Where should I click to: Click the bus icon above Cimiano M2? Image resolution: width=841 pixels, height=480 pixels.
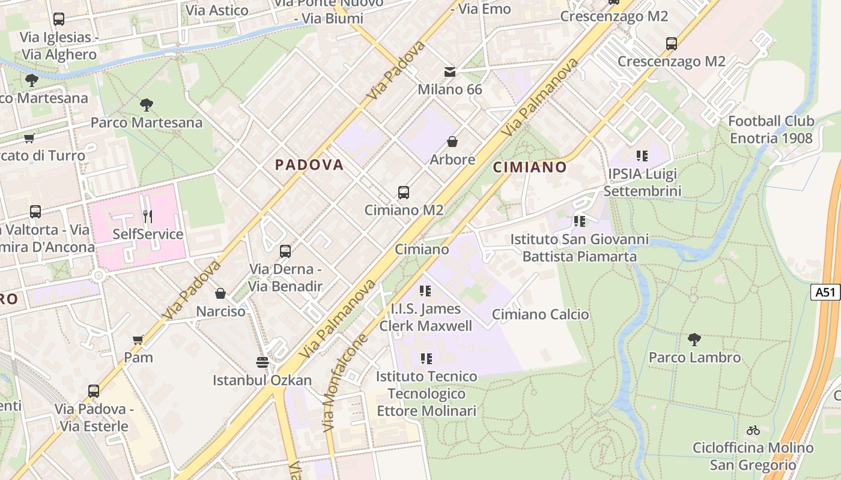404,193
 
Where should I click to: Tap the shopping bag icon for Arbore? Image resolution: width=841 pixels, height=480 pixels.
452,142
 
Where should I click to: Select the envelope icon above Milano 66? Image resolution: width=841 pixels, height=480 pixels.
450,73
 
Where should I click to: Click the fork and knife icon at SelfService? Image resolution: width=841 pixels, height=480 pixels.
148,216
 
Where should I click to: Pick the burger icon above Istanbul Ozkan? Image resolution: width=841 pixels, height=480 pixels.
263,362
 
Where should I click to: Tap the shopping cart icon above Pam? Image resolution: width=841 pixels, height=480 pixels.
138,340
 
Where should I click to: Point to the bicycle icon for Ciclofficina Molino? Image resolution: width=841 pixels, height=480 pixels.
753,430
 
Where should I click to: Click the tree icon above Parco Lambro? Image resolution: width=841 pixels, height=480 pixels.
694,340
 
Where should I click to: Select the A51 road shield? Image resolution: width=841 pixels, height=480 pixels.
825,292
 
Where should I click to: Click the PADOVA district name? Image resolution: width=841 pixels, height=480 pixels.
309,165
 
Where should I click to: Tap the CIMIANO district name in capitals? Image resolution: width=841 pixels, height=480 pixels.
530,167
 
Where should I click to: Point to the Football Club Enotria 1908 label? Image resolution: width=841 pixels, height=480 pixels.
771,130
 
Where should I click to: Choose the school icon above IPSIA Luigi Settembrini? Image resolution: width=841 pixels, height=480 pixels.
642,156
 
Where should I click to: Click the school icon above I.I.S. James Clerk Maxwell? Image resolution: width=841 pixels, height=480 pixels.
425,292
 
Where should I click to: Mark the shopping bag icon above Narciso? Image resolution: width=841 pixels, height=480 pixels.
220,293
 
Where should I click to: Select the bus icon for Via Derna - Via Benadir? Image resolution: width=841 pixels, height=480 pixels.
285,251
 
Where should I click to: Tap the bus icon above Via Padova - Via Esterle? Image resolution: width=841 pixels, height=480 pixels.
93,391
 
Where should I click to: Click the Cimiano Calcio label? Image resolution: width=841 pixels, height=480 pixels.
540,314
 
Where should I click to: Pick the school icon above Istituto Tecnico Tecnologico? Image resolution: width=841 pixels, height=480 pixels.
427,359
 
